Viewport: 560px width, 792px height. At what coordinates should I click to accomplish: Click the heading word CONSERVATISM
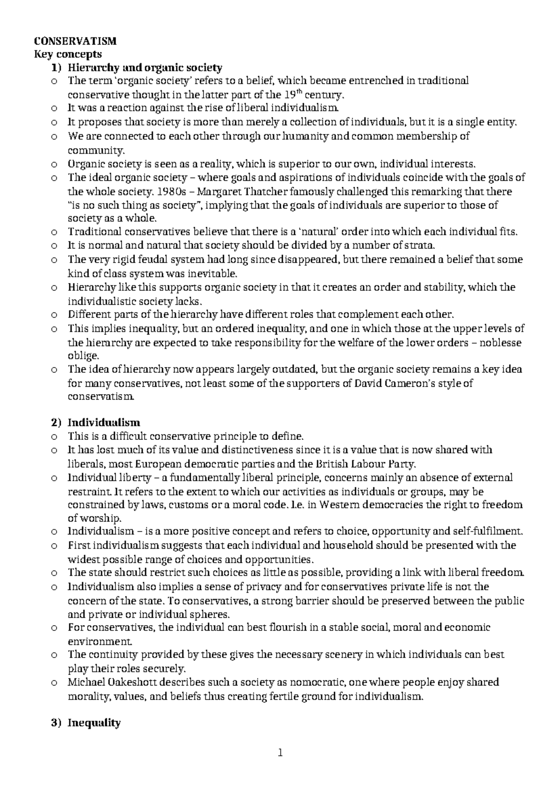[76, 41]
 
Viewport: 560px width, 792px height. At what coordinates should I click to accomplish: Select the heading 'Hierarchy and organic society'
[145, 68]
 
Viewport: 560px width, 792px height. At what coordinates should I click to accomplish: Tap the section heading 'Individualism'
[104, 423]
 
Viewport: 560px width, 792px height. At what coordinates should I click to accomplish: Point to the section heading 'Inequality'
[94, 723]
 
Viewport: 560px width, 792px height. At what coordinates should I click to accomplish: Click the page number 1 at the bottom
[280, 753]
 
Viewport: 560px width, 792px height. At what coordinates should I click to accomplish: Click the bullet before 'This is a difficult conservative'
[55, 437]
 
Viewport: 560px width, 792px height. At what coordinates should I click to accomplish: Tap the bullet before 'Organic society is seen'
[55, 164]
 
